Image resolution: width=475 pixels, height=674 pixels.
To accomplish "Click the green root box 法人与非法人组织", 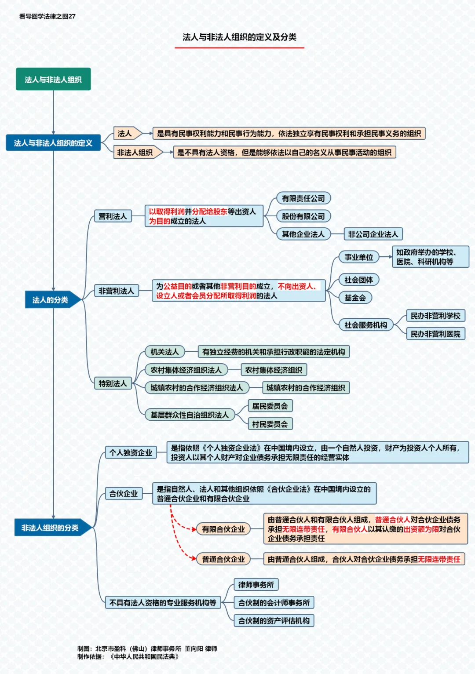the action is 53,79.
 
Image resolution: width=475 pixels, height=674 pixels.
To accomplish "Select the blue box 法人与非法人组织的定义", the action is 53,142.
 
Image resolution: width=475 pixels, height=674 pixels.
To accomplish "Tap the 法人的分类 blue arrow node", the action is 53,300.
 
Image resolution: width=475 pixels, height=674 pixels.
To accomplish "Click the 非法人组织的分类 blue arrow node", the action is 53,528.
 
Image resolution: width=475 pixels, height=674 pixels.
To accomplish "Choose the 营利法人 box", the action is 113,216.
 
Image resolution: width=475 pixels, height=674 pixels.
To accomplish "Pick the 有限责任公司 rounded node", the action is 303,198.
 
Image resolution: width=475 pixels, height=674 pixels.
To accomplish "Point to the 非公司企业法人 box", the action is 373,234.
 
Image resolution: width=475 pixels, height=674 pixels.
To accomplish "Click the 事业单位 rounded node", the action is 359,257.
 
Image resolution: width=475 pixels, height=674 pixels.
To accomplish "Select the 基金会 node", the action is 355,298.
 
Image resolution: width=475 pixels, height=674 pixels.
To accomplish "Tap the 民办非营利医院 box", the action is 435,334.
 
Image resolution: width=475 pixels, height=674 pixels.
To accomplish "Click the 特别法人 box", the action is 113,383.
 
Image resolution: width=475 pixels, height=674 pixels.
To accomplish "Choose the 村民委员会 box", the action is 270,424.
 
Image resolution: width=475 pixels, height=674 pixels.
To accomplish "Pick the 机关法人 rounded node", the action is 164,352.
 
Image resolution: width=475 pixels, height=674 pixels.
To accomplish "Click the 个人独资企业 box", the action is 131,452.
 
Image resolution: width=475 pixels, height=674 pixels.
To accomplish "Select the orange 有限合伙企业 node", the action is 223,529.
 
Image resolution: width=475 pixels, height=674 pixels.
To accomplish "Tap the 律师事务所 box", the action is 256,585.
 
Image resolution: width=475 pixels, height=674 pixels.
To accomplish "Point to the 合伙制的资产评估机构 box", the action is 274,620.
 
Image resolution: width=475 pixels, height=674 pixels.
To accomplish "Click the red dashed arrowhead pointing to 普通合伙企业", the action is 194,558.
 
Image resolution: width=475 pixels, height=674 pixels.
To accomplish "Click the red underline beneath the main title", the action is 240,47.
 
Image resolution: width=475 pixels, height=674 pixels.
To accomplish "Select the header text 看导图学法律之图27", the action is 47,17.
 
